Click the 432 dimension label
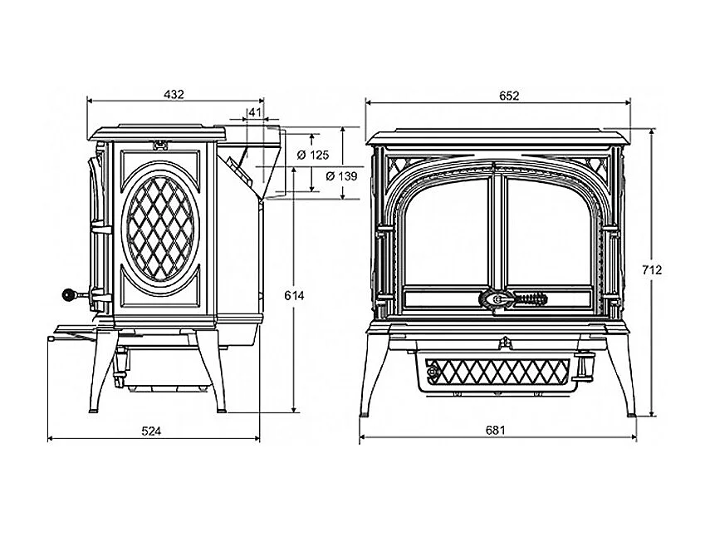pyautogui.click(x=174, y=94)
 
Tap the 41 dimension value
pyautogui.click(x=255, y=112)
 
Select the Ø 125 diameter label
pyautogui.click(x=313, y=155)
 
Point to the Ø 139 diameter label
pyautogui.click(x=341, y=175)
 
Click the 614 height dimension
pyautogui.click(x=294, y=295)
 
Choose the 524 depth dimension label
pyautogui.click(x=151, y=431)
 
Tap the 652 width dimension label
pyautogui.click(x=509, y=96)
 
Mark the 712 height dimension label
pyautogui.click(x=652, y=269)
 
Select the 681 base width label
pyautogui.click(x=496, y=430)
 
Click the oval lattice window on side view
pyautogui.click(x=160, y=229)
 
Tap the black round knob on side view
pyautogui.click(x=68, y=295)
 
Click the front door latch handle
pyautogui.click(x=513, y=299)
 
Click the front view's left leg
pyautogui.click(x=374, y=374)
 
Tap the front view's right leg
pyautogui.click(x=622, y=374)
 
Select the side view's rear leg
pyautogui.click(x=212, y=371)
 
